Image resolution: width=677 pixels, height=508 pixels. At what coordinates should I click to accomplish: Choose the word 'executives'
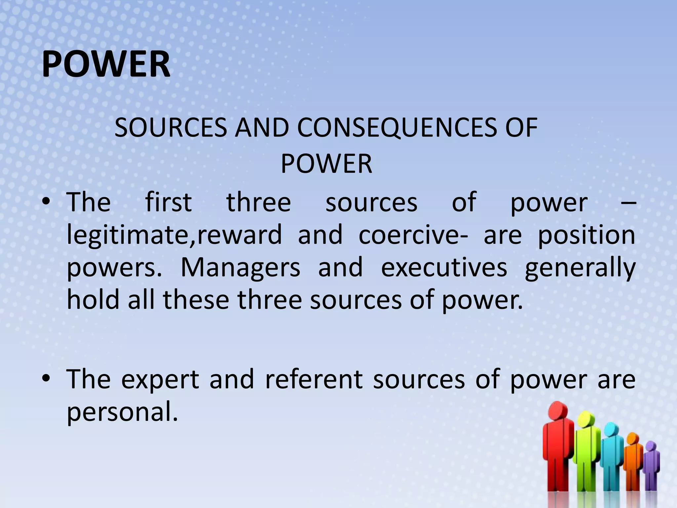click(x=444, y=267)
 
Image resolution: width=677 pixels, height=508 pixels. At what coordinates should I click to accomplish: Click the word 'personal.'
click(x=122, y=412)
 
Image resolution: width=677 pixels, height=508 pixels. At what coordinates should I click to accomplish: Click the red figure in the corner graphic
click(x=558, y=446)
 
